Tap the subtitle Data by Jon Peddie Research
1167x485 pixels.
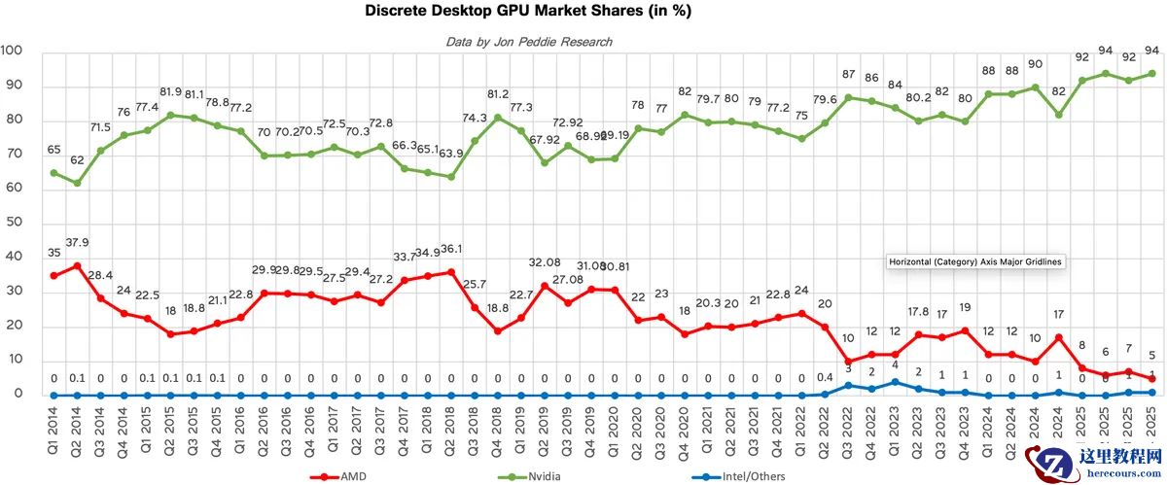(x=529, y=42)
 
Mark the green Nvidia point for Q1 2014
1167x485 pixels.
(x=53, y=173)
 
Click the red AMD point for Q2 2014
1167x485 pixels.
(x=77, y=265)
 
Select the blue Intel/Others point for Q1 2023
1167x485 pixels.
(x=895, y=382)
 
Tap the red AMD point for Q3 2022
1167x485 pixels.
(x=848, y=362)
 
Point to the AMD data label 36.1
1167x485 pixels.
(x=451, y=249)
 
